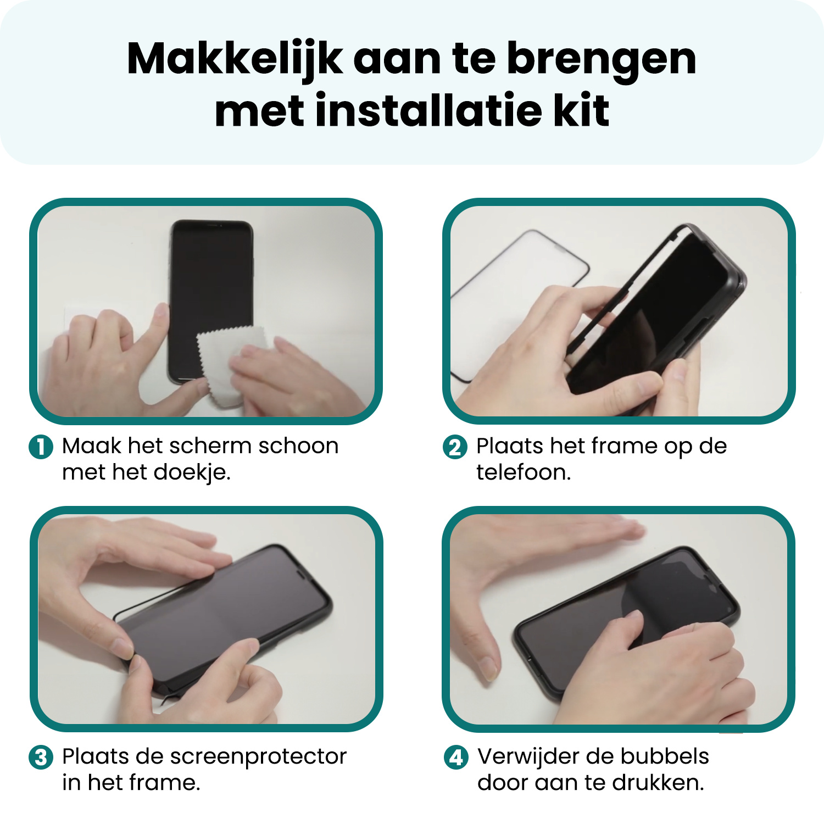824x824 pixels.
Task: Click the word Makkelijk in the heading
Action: tap(235, 59)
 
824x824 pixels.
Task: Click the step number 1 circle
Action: tap(41, 447)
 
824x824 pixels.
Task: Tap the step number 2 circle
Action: tap(455, 447)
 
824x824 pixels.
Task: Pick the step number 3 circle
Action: tap(41, 758)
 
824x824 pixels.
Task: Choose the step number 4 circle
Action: tap(456, 758)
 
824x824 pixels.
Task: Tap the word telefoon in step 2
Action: tap(523, 472)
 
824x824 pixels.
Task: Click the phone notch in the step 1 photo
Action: tap(213, 224)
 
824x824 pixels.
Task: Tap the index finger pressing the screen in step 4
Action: tap(632, 623)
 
